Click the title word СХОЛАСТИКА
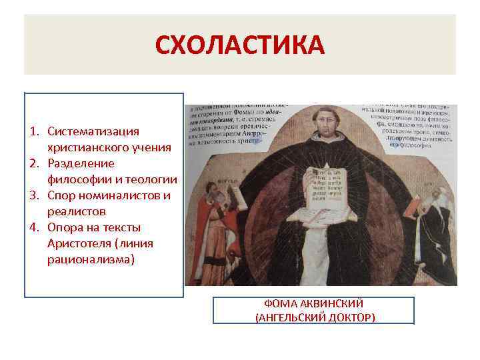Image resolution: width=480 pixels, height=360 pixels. (239, 45)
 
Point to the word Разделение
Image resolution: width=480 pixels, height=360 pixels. (81, 163)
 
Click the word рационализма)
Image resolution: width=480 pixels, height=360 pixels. (91, 259)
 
